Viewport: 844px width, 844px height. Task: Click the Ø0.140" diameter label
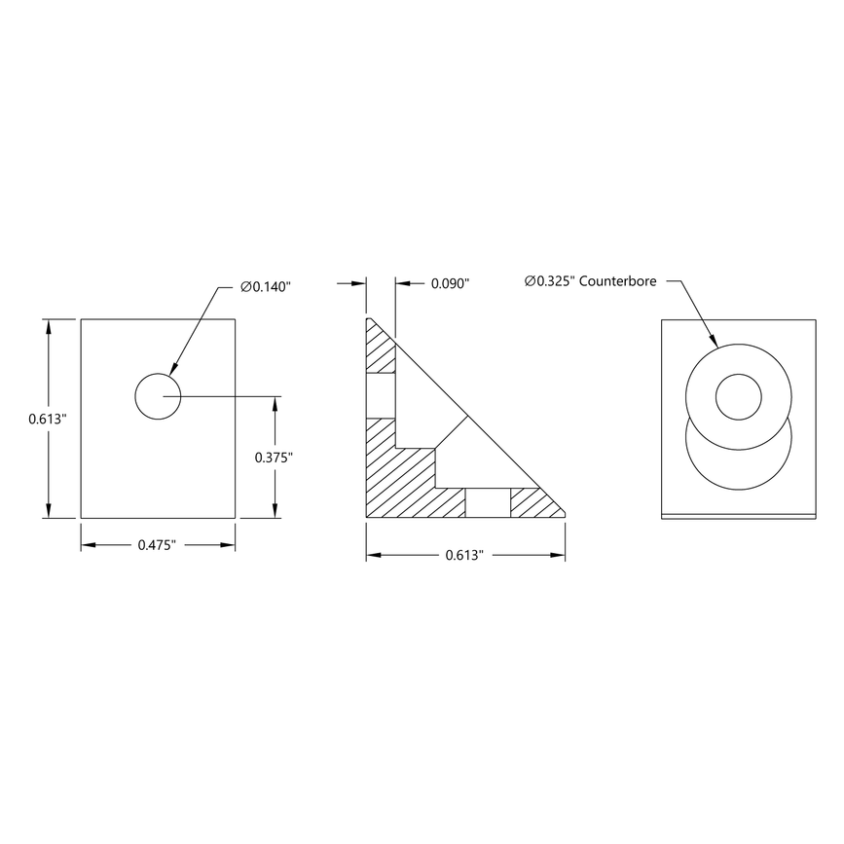(266, 286)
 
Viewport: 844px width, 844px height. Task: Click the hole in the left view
(157, 396)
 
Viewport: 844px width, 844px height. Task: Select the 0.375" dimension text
(274, 457)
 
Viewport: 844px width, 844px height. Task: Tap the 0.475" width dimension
(157, 545)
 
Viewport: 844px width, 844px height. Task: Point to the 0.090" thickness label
(450, 283)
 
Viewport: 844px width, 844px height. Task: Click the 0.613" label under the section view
(464, 556)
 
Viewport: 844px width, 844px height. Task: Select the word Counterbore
(619, 281)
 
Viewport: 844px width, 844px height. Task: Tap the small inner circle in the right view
(739, 396)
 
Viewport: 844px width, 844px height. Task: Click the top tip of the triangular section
(368, 318)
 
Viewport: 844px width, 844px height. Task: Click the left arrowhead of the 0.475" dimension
(86, 545)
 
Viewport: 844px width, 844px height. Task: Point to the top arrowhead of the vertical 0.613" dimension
(47, 325)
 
